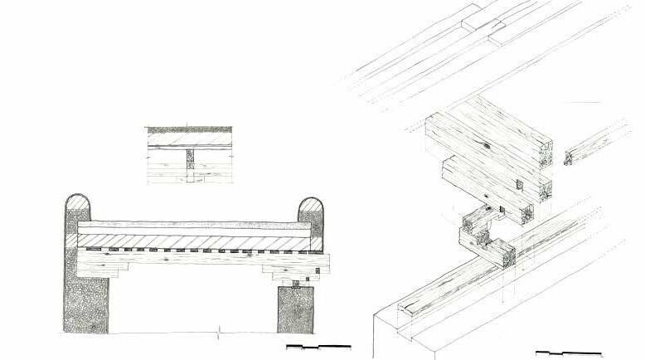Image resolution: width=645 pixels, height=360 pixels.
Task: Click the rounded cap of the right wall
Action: click(x=310, y=209)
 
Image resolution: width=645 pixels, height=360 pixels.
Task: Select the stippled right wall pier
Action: click(x=295, y=310)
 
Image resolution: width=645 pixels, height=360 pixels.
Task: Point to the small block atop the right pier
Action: click(x=293, y=283)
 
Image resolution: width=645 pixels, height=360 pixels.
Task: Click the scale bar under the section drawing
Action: click(x=318, y=346)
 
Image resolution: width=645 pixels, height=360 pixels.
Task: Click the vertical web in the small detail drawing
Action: click(x=190, y=163)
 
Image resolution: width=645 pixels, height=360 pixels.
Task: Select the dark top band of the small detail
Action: click(x=190, y=130)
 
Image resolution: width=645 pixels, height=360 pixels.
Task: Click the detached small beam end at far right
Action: click(x=571, y=156)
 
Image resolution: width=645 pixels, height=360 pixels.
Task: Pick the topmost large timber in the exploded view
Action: click(x=489, y=133)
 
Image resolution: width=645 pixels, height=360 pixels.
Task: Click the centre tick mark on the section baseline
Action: click(x=217, y=336)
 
